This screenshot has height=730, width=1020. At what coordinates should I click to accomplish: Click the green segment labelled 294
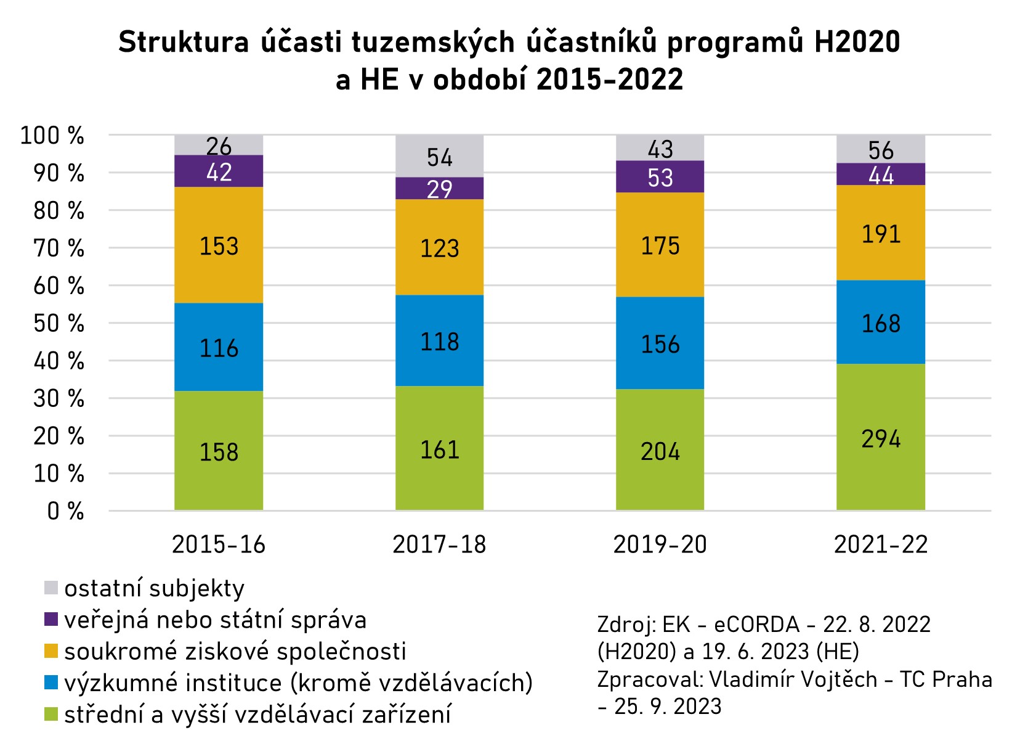[880, 437]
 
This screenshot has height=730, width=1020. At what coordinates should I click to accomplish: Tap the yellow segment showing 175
[660, 245]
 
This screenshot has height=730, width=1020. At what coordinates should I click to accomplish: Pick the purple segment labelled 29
[439, 188]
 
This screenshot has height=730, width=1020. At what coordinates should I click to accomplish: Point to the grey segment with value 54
[439, 156]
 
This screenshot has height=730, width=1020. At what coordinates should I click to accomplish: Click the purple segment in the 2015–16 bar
[219, 171]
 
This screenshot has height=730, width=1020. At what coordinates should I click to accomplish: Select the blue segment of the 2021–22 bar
[880, 322]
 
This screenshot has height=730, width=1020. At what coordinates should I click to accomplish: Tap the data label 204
[660, 452]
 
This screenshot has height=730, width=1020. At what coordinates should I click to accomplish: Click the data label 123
[439, 248]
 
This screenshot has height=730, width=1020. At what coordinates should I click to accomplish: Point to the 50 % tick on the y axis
[59, 323]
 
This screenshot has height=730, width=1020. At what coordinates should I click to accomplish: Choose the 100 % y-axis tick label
[52, 135]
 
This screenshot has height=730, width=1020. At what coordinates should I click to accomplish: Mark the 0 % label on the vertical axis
[65, 511]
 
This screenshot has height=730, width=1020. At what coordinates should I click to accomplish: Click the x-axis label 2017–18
[439, 544]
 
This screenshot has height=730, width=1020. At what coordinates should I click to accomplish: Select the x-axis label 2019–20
[660, 544]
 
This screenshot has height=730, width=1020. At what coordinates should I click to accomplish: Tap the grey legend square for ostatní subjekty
[51, 588]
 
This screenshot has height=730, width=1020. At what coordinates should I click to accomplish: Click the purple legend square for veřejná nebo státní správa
[51, 620]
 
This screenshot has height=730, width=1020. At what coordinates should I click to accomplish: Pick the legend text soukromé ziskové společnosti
[235, 651]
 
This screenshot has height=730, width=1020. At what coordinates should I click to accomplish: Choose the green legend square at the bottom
[51, 715]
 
